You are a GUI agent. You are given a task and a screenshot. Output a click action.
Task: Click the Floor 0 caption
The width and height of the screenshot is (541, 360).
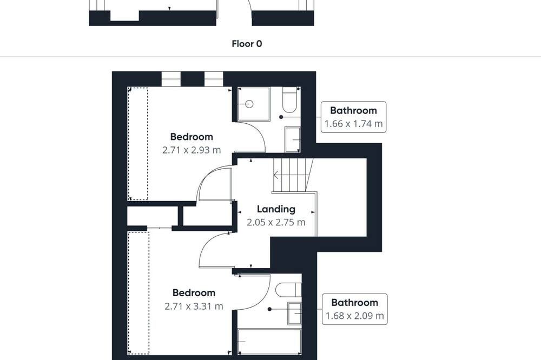coord(247,44)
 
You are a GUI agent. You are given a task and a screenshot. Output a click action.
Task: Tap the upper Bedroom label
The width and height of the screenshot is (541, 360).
coord(192,137)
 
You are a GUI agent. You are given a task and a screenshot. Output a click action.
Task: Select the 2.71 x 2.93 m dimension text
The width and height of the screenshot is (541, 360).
coord(192,150)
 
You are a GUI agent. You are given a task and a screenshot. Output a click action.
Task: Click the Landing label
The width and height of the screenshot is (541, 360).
coord(276,209)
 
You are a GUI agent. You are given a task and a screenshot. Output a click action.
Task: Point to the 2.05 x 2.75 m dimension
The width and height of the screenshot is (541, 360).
coord(276,222)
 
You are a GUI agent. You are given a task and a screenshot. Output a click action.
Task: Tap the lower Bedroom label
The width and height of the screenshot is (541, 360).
coord(194,293)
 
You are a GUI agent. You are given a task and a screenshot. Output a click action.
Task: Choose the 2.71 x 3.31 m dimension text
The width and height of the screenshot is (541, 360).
coord(194,306)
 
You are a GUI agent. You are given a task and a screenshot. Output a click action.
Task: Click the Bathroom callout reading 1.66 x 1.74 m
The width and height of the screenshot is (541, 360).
coord(353,117)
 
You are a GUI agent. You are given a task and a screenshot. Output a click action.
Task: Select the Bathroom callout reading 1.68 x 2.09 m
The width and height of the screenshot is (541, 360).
coord(355,309)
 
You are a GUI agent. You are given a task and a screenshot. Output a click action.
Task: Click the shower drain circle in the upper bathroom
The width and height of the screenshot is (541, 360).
coord(249,104)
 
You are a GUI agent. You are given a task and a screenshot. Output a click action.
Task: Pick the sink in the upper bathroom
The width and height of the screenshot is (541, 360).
coord(293,139)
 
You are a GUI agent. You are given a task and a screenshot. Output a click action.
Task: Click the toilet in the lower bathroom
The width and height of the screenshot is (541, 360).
coord(288,290)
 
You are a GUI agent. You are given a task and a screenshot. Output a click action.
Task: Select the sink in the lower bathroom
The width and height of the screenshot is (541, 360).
coord(295,314)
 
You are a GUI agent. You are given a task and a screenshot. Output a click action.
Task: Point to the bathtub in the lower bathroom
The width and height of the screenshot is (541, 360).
coord(269,342)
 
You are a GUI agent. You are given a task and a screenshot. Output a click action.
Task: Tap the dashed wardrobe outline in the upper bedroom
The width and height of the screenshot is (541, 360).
coord(138,144)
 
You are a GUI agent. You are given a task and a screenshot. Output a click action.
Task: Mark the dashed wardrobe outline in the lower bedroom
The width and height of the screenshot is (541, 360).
coord(138,293)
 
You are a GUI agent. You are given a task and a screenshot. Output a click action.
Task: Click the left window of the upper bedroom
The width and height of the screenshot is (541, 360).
coord(171,79)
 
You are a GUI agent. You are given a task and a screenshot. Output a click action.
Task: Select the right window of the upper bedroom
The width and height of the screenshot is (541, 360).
coord(214,79)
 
